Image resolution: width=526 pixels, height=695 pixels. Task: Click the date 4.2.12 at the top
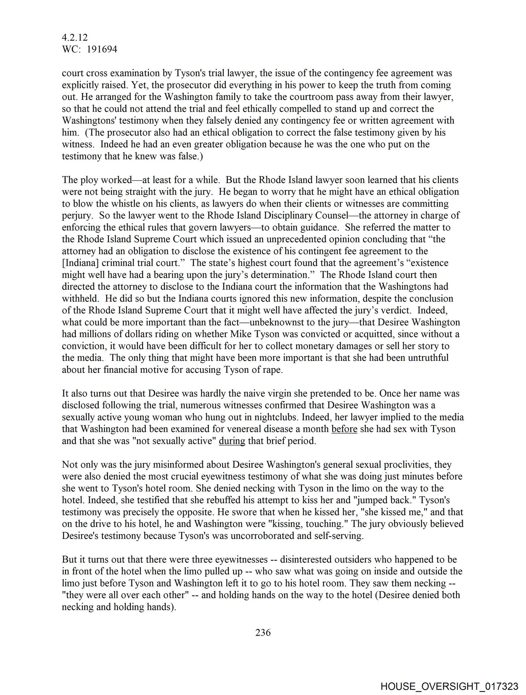click(x=75, y=38)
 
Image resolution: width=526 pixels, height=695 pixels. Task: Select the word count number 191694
click(x=102, y=49)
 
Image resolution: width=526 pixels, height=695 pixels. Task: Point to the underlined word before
click(x=344, y=429)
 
